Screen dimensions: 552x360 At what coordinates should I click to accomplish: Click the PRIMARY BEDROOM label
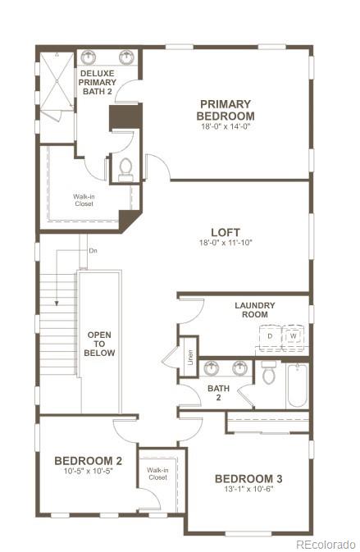(x=225, y=110)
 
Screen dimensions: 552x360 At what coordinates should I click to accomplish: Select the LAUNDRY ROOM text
(x=255, y=310)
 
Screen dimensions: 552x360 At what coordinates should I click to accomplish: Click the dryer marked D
(x=271, y=336)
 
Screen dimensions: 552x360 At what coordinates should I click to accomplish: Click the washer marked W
(x=294, y=336)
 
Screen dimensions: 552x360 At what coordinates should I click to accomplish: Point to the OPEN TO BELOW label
(x=99, y=344)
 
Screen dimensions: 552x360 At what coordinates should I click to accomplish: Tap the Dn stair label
(x=93, y=250)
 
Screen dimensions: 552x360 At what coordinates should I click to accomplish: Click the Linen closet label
(x=189, y=357)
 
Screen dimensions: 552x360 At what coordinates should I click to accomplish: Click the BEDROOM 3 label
(x=248, y=479)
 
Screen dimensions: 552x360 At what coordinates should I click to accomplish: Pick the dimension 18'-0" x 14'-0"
(x=225, y=127)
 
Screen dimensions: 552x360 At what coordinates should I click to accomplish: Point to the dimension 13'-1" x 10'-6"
(x=248, y=490)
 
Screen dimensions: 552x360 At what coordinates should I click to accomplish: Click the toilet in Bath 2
(x=268, y=374)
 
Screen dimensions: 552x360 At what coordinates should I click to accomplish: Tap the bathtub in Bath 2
(x=297, y=385)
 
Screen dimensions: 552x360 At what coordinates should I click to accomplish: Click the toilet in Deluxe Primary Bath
(x=125, y=168)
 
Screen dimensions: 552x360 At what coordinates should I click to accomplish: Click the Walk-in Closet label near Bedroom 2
(x=157, y=473)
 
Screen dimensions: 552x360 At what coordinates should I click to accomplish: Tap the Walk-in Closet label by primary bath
(x=83, y=199)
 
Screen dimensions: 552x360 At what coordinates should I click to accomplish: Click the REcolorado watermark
(x=325, y=544)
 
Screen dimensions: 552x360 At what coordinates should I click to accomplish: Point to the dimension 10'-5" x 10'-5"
(x=88, y=472)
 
